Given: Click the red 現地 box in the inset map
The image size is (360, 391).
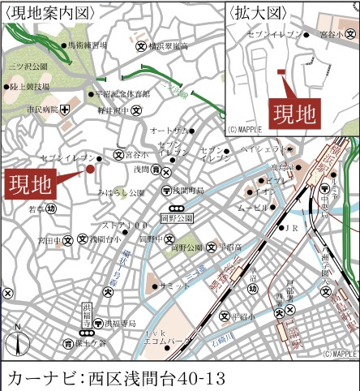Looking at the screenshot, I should click(293, 113).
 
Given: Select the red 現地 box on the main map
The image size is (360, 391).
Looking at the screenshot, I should click(30, 184).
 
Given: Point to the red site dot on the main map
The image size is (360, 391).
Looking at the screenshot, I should click(90, 170).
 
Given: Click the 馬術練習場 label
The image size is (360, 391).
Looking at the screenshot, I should click(88, 46).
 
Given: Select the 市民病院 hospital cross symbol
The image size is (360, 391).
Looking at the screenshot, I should click(65, 109).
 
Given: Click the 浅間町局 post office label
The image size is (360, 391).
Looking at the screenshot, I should click(187, 191).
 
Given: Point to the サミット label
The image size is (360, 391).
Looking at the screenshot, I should click(174, 286).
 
